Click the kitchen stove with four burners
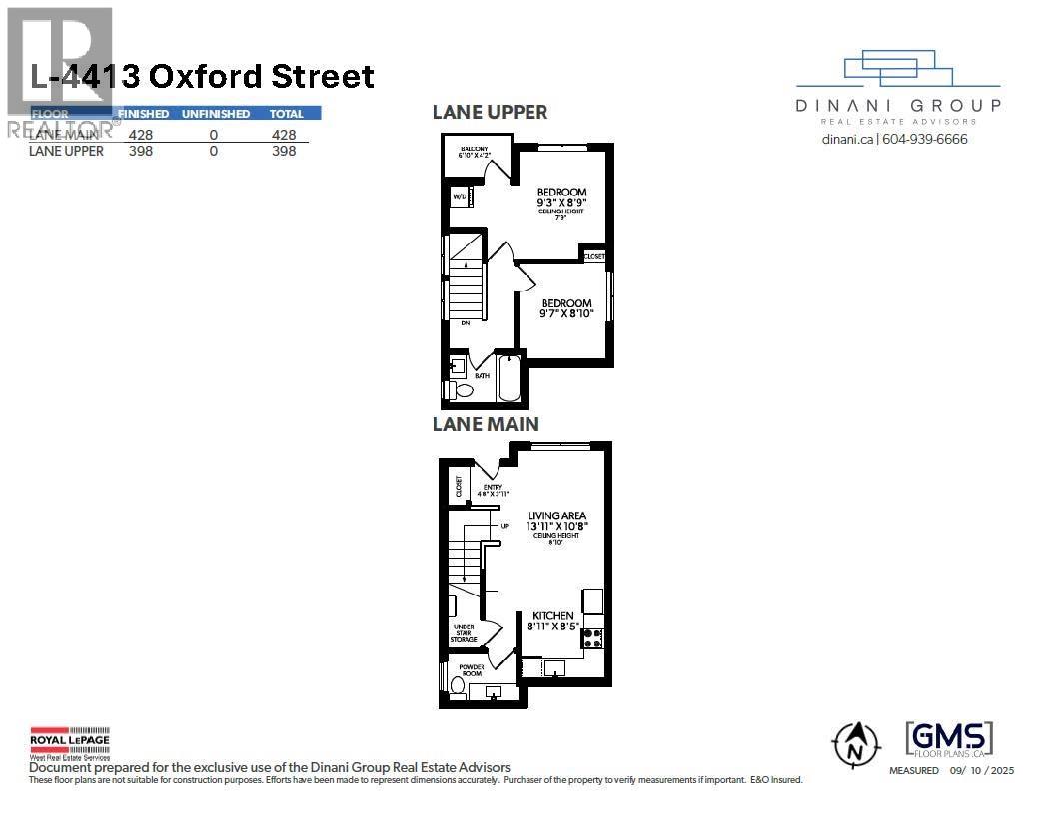[592, 636]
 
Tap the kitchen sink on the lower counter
[554, 667]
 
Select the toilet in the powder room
[458, 686]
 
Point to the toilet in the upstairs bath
[452, 388]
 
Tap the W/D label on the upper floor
[460, 197]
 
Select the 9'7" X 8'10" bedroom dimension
[567, 314]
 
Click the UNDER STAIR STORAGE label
[464, 634]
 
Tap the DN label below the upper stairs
[465, 323]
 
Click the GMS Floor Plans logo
[949, 740]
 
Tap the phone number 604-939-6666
[925, 140]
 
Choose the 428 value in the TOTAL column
[284, 133]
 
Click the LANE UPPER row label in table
[66, 151]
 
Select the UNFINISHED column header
[215, 114]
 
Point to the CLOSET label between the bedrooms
[594, 256]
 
